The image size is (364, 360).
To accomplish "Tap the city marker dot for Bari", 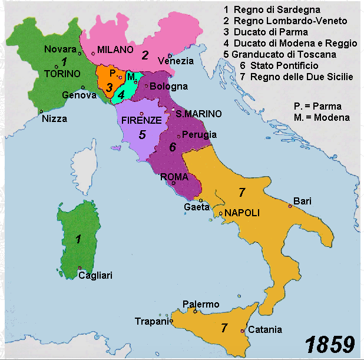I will pyautogui.click(x=290, y=206).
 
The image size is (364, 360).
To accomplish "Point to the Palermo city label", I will pyautogui.click(x=201, y=304).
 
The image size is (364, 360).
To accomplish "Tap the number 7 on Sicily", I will pyautogui.click(x=224, y=328).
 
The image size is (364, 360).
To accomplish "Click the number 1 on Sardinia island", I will pyautogui.click(x=78, y=239).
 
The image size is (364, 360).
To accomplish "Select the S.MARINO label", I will pyautogui.click(x=198, y=113).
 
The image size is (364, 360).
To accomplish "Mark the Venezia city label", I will pyautogui.click(x=176, y=61).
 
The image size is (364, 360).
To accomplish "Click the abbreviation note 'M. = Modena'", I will pyautogui.click(x=321, y=117).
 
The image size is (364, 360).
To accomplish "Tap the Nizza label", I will pyautogui.click(x=54, y=118).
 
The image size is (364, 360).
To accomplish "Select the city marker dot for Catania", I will pyautogui.click(x=242, y=331).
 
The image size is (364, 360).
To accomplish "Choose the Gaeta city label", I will pyautogui.click(x=196, y=207).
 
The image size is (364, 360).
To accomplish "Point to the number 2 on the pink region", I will pyautogui.click(x=144, y=56).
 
